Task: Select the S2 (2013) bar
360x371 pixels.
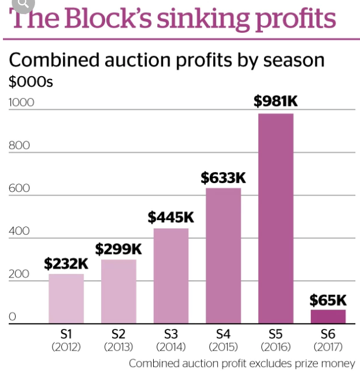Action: click(119, 291)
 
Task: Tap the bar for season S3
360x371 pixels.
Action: click(171, 276)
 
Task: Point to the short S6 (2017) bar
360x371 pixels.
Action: click(328, 316)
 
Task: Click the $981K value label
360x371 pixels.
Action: click(276, 101)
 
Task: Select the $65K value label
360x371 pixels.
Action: click(328, 300)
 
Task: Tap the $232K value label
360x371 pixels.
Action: click(66, 264)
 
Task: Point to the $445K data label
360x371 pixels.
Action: click(171, 218)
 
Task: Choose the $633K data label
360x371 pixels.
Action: click(223, 177)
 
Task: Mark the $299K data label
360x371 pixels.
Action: click(118, 249)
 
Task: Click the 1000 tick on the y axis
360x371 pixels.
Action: click(22, 102)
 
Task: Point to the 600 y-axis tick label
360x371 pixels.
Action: click(18, 188)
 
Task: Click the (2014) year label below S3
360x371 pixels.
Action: click(171, 346)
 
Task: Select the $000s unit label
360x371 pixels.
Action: click(30, 82)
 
